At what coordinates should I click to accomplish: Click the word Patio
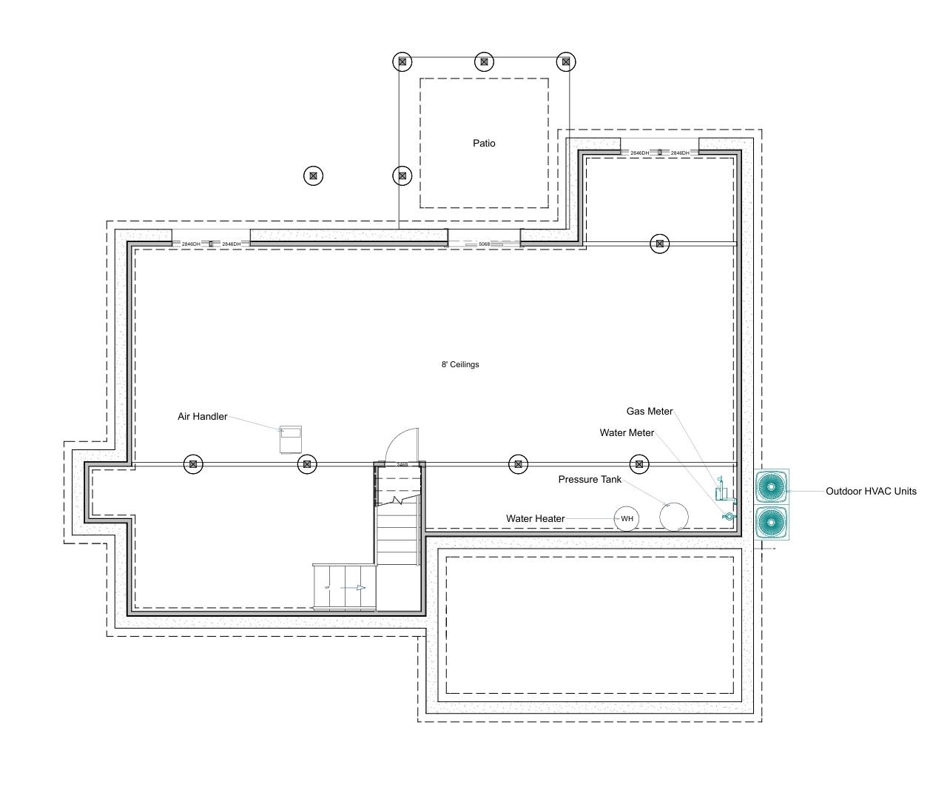[x=484, y=143]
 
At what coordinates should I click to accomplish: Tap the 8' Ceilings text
[x=460, y=364]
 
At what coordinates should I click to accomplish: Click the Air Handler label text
[x=202, y=417]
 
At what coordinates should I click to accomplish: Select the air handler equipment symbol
[x=291, y=439]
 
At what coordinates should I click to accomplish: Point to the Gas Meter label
[x=649, y=412]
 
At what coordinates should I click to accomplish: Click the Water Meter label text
[x=627, y=433]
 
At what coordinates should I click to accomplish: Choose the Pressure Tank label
[x=590, y=480]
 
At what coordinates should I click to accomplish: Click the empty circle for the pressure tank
[x=673, y=517]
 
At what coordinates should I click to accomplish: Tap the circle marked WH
[x=627, y=519]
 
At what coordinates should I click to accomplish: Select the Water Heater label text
[x=535, y=519]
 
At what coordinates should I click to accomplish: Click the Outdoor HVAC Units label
[x=871, y=491]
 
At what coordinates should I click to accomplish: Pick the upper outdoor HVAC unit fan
[x=772, y=487]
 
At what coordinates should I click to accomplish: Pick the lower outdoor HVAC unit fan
[x=772, y=522]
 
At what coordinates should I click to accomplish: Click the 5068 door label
[x=484, y=244]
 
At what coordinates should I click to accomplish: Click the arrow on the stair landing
[x=359, y=588]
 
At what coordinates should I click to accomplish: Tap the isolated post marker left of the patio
[x=313, y=176]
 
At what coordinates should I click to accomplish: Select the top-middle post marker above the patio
[x=484, y=62]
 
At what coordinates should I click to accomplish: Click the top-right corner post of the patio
[x=565, y=62]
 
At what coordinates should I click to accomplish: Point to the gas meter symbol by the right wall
[x=719, y=492]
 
